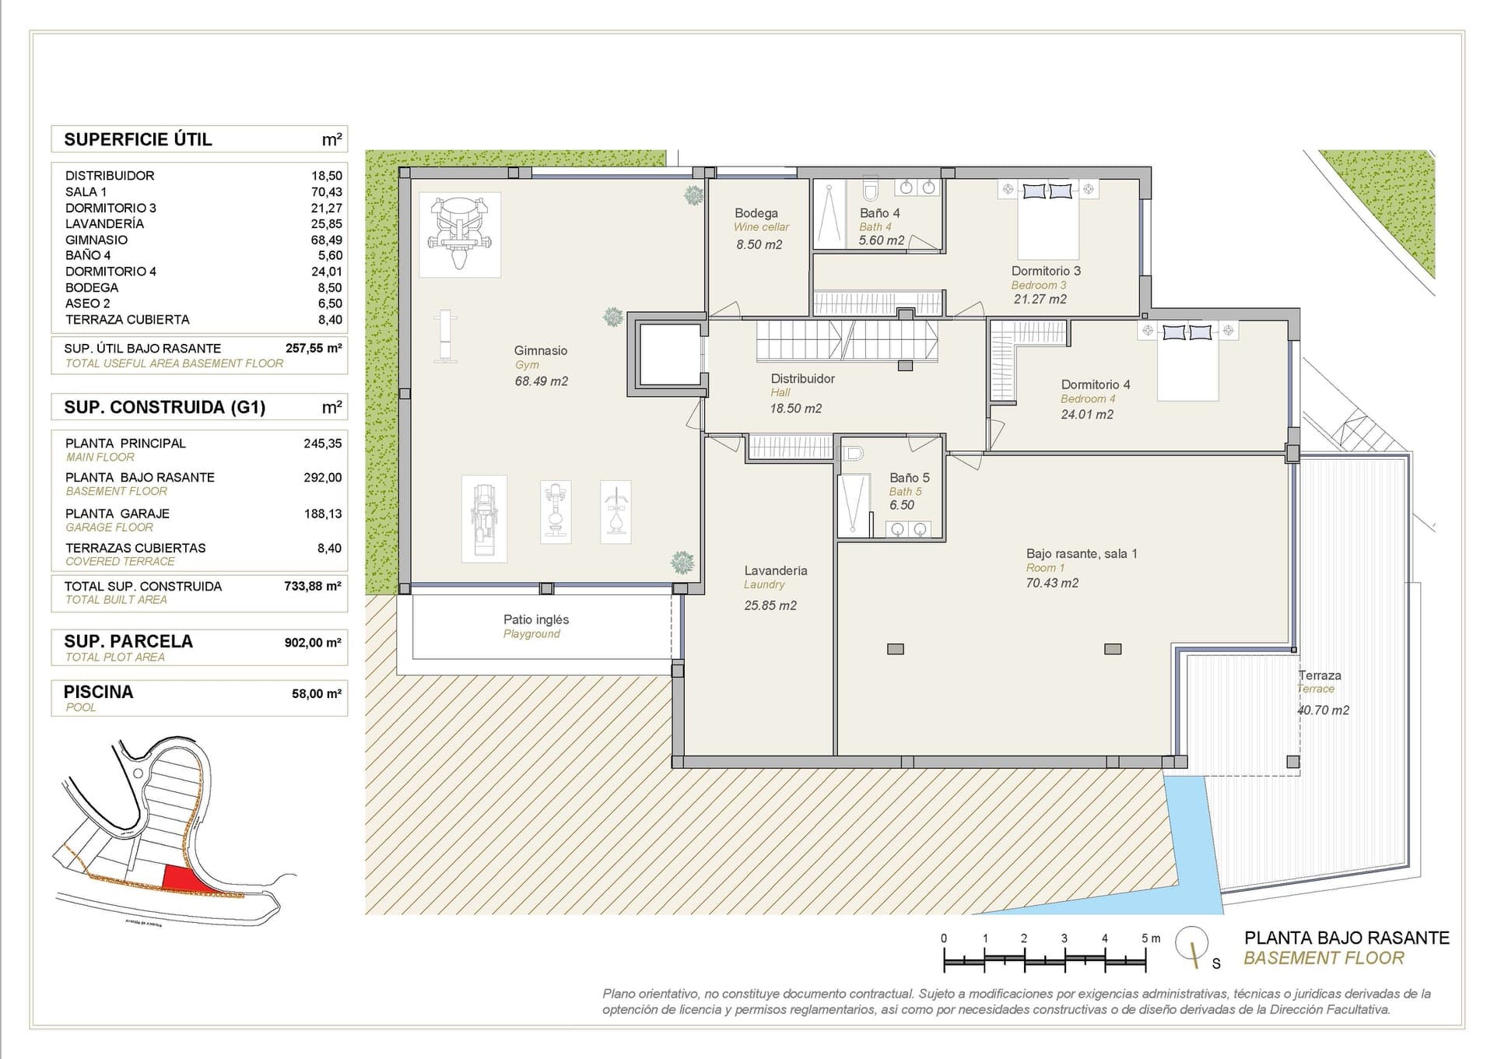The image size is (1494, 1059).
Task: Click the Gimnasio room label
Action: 540,351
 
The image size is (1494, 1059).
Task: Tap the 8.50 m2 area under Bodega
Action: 759,244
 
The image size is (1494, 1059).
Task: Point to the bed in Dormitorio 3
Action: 1047,222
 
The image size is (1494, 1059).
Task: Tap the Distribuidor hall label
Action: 802,379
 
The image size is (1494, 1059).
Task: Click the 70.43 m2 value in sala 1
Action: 1051,583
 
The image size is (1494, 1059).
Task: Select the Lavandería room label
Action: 775,570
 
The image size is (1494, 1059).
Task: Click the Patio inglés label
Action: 535,620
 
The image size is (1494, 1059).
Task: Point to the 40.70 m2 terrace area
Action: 1322,710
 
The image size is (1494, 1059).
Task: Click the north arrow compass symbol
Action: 1192,944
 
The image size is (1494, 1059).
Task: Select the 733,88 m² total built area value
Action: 312,586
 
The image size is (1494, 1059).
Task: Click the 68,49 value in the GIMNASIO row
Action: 326,240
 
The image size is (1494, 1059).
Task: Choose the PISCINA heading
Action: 98,692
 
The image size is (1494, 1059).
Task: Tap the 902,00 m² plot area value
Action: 312,643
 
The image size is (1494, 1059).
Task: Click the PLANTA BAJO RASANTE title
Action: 1346,938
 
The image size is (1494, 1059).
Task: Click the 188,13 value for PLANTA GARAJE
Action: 322,514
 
